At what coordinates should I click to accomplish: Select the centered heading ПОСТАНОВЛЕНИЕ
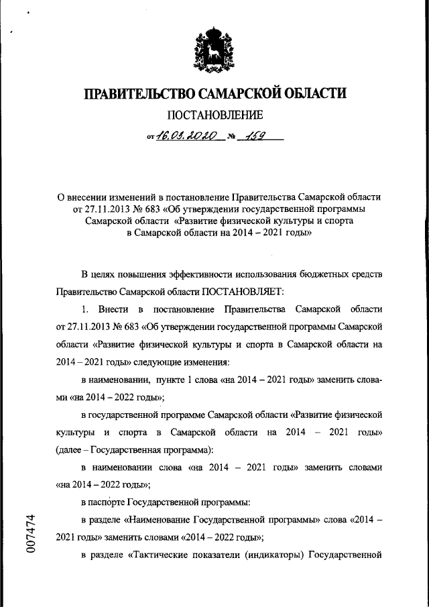click(214, 115)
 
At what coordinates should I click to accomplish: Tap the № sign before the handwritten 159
click(231, 137)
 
